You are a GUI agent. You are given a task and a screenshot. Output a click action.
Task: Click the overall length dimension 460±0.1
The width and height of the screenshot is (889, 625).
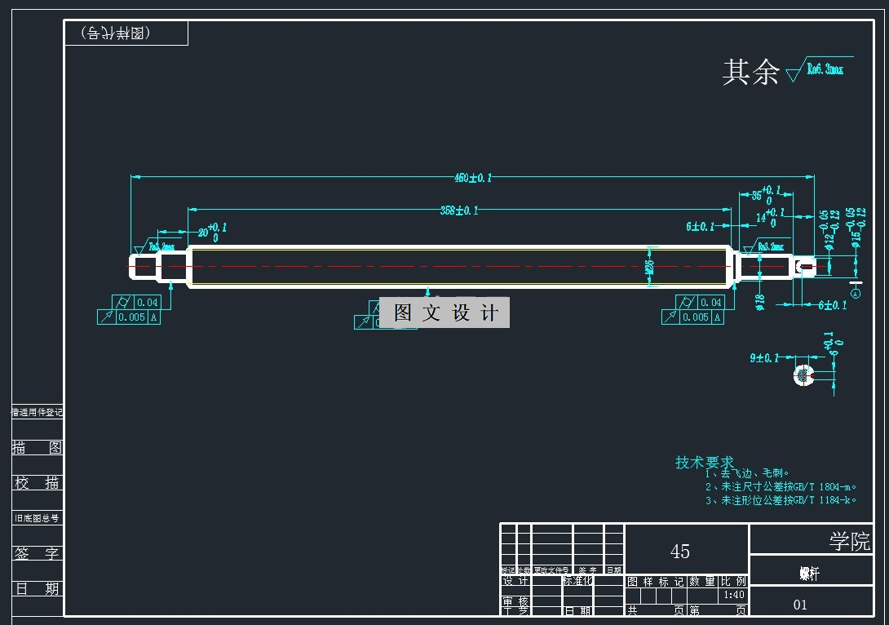click(x=473, y=177)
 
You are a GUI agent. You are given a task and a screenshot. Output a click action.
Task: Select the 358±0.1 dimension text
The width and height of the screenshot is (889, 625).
click(x=459, y=211)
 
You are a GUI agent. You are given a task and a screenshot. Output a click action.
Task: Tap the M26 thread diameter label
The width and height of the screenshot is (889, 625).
click(x=650, y=267)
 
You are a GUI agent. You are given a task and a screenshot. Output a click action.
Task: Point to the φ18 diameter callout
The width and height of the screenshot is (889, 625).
click(x=759, y=301)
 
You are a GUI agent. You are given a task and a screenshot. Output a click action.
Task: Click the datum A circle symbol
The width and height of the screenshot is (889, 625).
click(x=856, y=292)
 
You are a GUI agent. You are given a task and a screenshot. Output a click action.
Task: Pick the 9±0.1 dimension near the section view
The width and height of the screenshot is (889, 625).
click(x=764, y=358)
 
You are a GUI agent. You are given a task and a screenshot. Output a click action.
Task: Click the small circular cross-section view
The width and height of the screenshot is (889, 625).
click(x=804, y=375)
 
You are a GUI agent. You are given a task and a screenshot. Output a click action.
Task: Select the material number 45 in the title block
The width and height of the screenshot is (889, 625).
click(x=680, y=552)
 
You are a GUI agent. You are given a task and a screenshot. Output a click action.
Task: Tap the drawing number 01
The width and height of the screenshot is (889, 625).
click(x=800, y=605)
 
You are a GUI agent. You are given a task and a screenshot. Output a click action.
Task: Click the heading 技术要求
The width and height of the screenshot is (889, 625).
click(x=704, y=463)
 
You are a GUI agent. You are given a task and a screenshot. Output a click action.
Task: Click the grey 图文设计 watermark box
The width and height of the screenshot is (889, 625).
click(x=445, y=312)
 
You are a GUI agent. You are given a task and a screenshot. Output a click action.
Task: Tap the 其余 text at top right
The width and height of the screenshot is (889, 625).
click(x=750, y=73)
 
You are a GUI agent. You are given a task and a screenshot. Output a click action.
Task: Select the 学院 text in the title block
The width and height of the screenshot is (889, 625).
click(x=849, y=541)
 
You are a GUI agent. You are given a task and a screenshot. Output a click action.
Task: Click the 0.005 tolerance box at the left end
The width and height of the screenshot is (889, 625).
click(x=130, y=317)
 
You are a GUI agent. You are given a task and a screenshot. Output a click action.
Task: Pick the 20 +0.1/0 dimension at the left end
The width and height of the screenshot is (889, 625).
click(x=206, y=233)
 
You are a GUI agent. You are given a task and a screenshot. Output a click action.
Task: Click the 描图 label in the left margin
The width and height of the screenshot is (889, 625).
click(x=38, y=448)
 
